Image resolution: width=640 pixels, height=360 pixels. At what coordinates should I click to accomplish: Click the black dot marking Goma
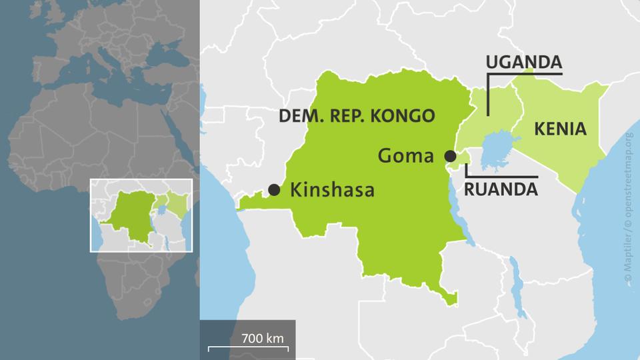(451, 156)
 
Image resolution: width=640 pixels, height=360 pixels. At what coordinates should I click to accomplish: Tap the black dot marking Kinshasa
(274, 190)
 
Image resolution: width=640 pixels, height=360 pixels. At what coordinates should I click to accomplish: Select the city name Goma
(406, 156)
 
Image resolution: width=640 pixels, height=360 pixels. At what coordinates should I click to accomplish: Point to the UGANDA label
(524, 63)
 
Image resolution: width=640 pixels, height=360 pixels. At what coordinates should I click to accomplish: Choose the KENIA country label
(560, 129)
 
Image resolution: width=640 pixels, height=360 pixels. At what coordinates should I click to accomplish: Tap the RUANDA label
(501, 189)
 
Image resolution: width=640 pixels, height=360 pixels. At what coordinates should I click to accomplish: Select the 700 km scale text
(263, 338)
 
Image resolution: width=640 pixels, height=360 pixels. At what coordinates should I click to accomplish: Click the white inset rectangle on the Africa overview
(141, 180)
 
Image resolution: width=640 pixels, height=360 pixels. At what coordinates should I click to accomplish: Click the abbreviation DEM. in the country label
(299, 115)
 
